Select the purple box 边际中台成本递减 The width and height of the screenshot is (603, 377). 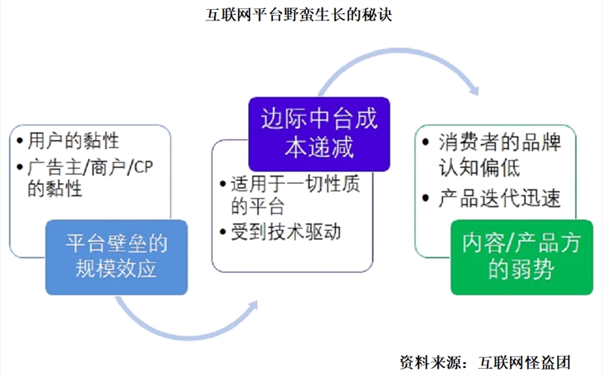pos(319,133)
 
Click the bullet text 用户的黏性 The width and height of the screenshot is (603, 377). pos(72,140)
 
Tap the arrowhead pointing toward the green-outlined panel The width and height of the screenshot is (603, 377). pos(473,88)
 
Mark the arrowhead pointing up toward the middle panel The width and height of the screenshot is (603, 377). pos(249,305)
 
